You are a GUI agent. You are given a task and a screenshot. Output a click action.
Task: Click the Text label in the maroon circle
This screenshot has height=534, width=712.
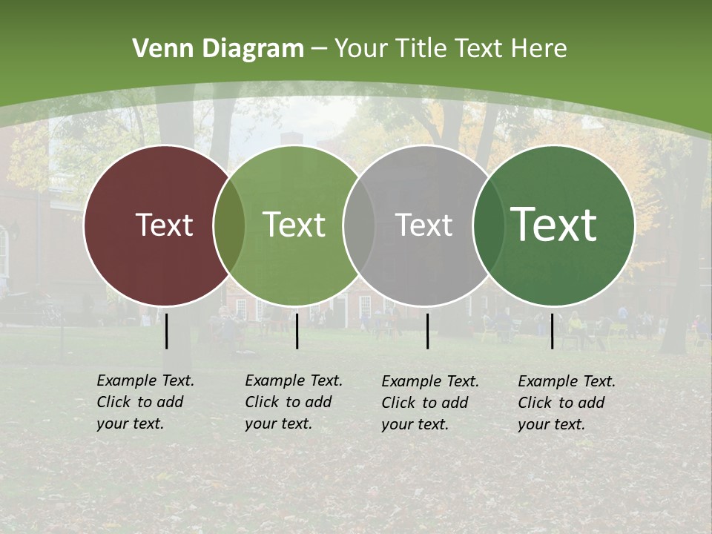point(164,225)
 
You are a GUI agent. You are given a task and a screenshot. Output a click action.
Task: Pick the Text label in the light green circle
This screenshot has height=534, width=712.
point(294,225)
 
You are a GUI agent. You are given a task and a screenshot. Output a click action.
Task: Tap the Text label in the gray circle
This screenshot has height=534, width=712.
point(423,225)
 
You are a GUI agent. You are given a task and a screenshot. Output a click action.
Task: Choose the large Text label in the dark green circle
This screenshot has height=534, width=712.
point(554,225)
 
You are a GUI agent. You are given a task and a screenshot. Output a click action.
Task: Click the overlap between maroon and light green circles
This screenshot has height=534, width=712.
point(229,225)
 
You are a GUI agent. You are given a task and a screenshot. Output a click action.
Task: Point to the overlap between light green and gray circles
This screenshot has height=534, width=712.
point(359,225)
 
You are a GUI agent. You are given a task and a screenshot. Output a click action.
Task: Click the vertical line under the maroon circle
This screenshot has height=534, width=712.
point(167,331)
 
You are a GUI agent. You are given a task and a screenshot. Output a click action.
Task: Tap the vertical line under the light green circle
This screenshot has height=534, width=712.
point(297,331)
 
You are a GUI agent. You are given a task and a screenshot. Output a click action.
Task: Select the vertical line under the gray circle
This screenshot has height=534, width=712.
point(427,331)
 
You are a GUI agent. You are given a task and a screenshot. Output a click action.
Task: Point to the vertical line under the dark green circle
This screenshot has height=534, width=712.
point(552,331)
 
